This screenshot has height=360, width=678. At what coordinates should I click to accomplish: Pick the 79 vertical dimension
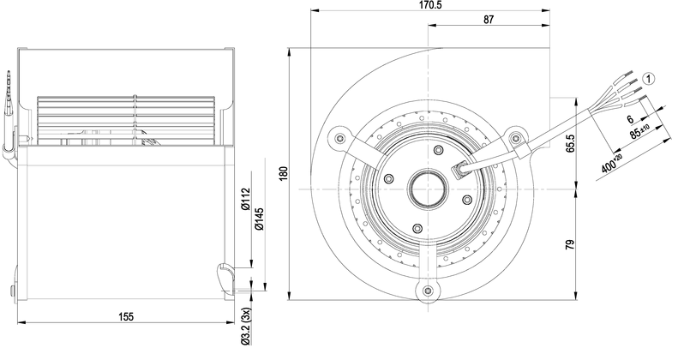pos(568,247)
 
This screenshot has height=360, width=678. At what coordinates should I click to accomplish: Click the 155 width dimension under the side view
pos(126,316)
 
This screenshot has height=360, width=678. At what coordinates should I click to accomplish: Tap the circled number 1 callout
pos(650,79)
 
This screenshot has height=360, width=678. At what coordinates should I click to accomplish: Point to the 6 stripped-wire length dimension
pos(630,120)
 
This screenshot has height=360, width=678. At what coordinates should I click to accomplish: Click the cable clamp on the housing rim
pos(525,154)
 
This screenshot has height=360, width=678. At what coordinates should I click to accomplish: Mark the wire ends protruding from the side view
pos(10,94)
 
